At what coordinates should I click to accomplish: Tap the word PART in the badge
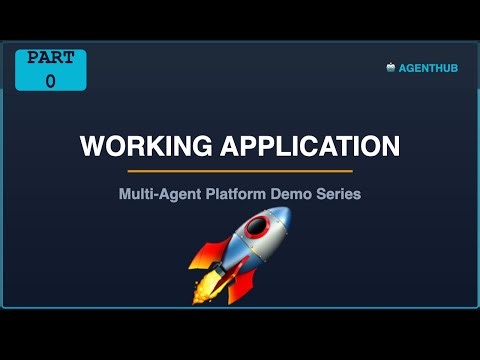(50, 58)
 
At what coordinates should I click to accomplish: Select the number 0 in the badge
(50, 81)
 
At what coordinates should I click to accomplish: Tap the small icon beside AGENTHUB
(391, 68)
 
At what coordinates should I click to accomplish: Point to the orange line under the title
(240, 171)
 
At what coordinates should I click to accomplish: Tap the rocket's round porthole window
(257, 228)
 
